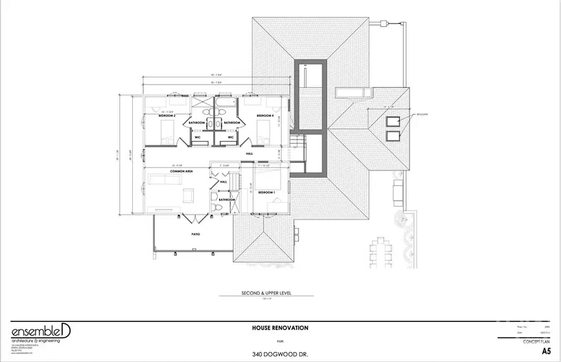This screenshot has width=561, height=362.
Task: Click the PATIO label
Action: pyautogui.click(x=194, y=234)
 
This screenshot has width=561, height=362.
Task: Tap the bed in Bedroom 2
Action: pyautogui.click(x=167, y=132)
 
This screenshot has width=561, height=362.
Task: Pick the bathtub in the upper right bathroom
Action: pyautogui.click(x=224, y=100)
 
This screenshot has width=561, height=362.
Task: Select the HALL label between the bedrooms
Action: pyautogui.click(x=249, y=154)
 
